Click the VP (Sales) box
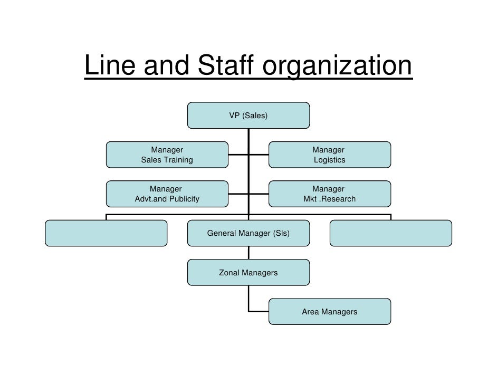[248, 116]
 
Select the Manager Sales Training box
[167, 155]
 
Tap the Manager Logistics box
[329, 155]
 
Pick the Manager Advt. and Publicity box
[167, 194]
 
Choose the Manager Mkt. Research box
[329, 194]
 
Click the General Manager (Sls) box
[248, 233]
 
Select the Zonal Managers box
[248, 273]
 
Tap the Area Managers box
[329, 312]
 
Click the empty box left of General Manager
[106, 233]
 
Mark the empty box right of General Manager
[390, 233]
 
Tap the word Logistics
[329, 160]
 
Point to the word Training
[177, 160]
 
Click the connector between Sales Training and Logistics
[259, 155]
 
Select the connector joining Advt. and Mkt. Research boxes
[259, 194]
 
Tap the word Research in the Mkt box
[337, 199]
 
